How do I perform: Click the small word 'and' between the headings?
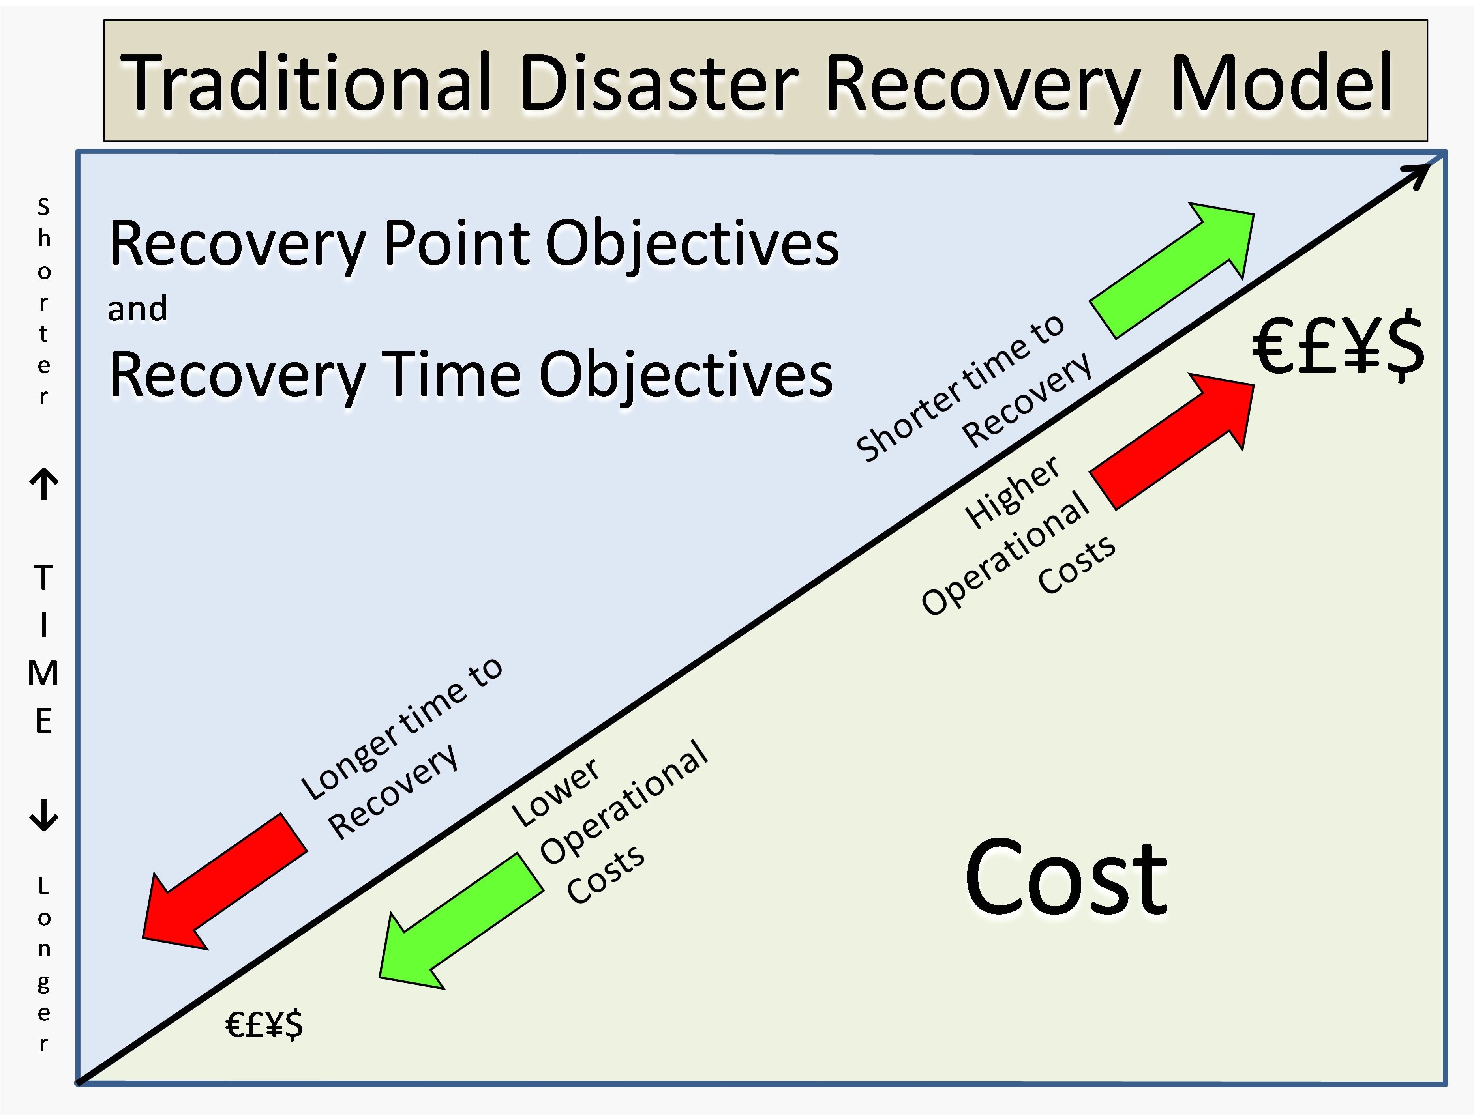click(138, 309)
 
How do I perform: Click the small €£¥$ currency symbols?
click(264, 1024)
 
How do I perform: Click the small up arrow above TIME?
click(44, 484)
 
